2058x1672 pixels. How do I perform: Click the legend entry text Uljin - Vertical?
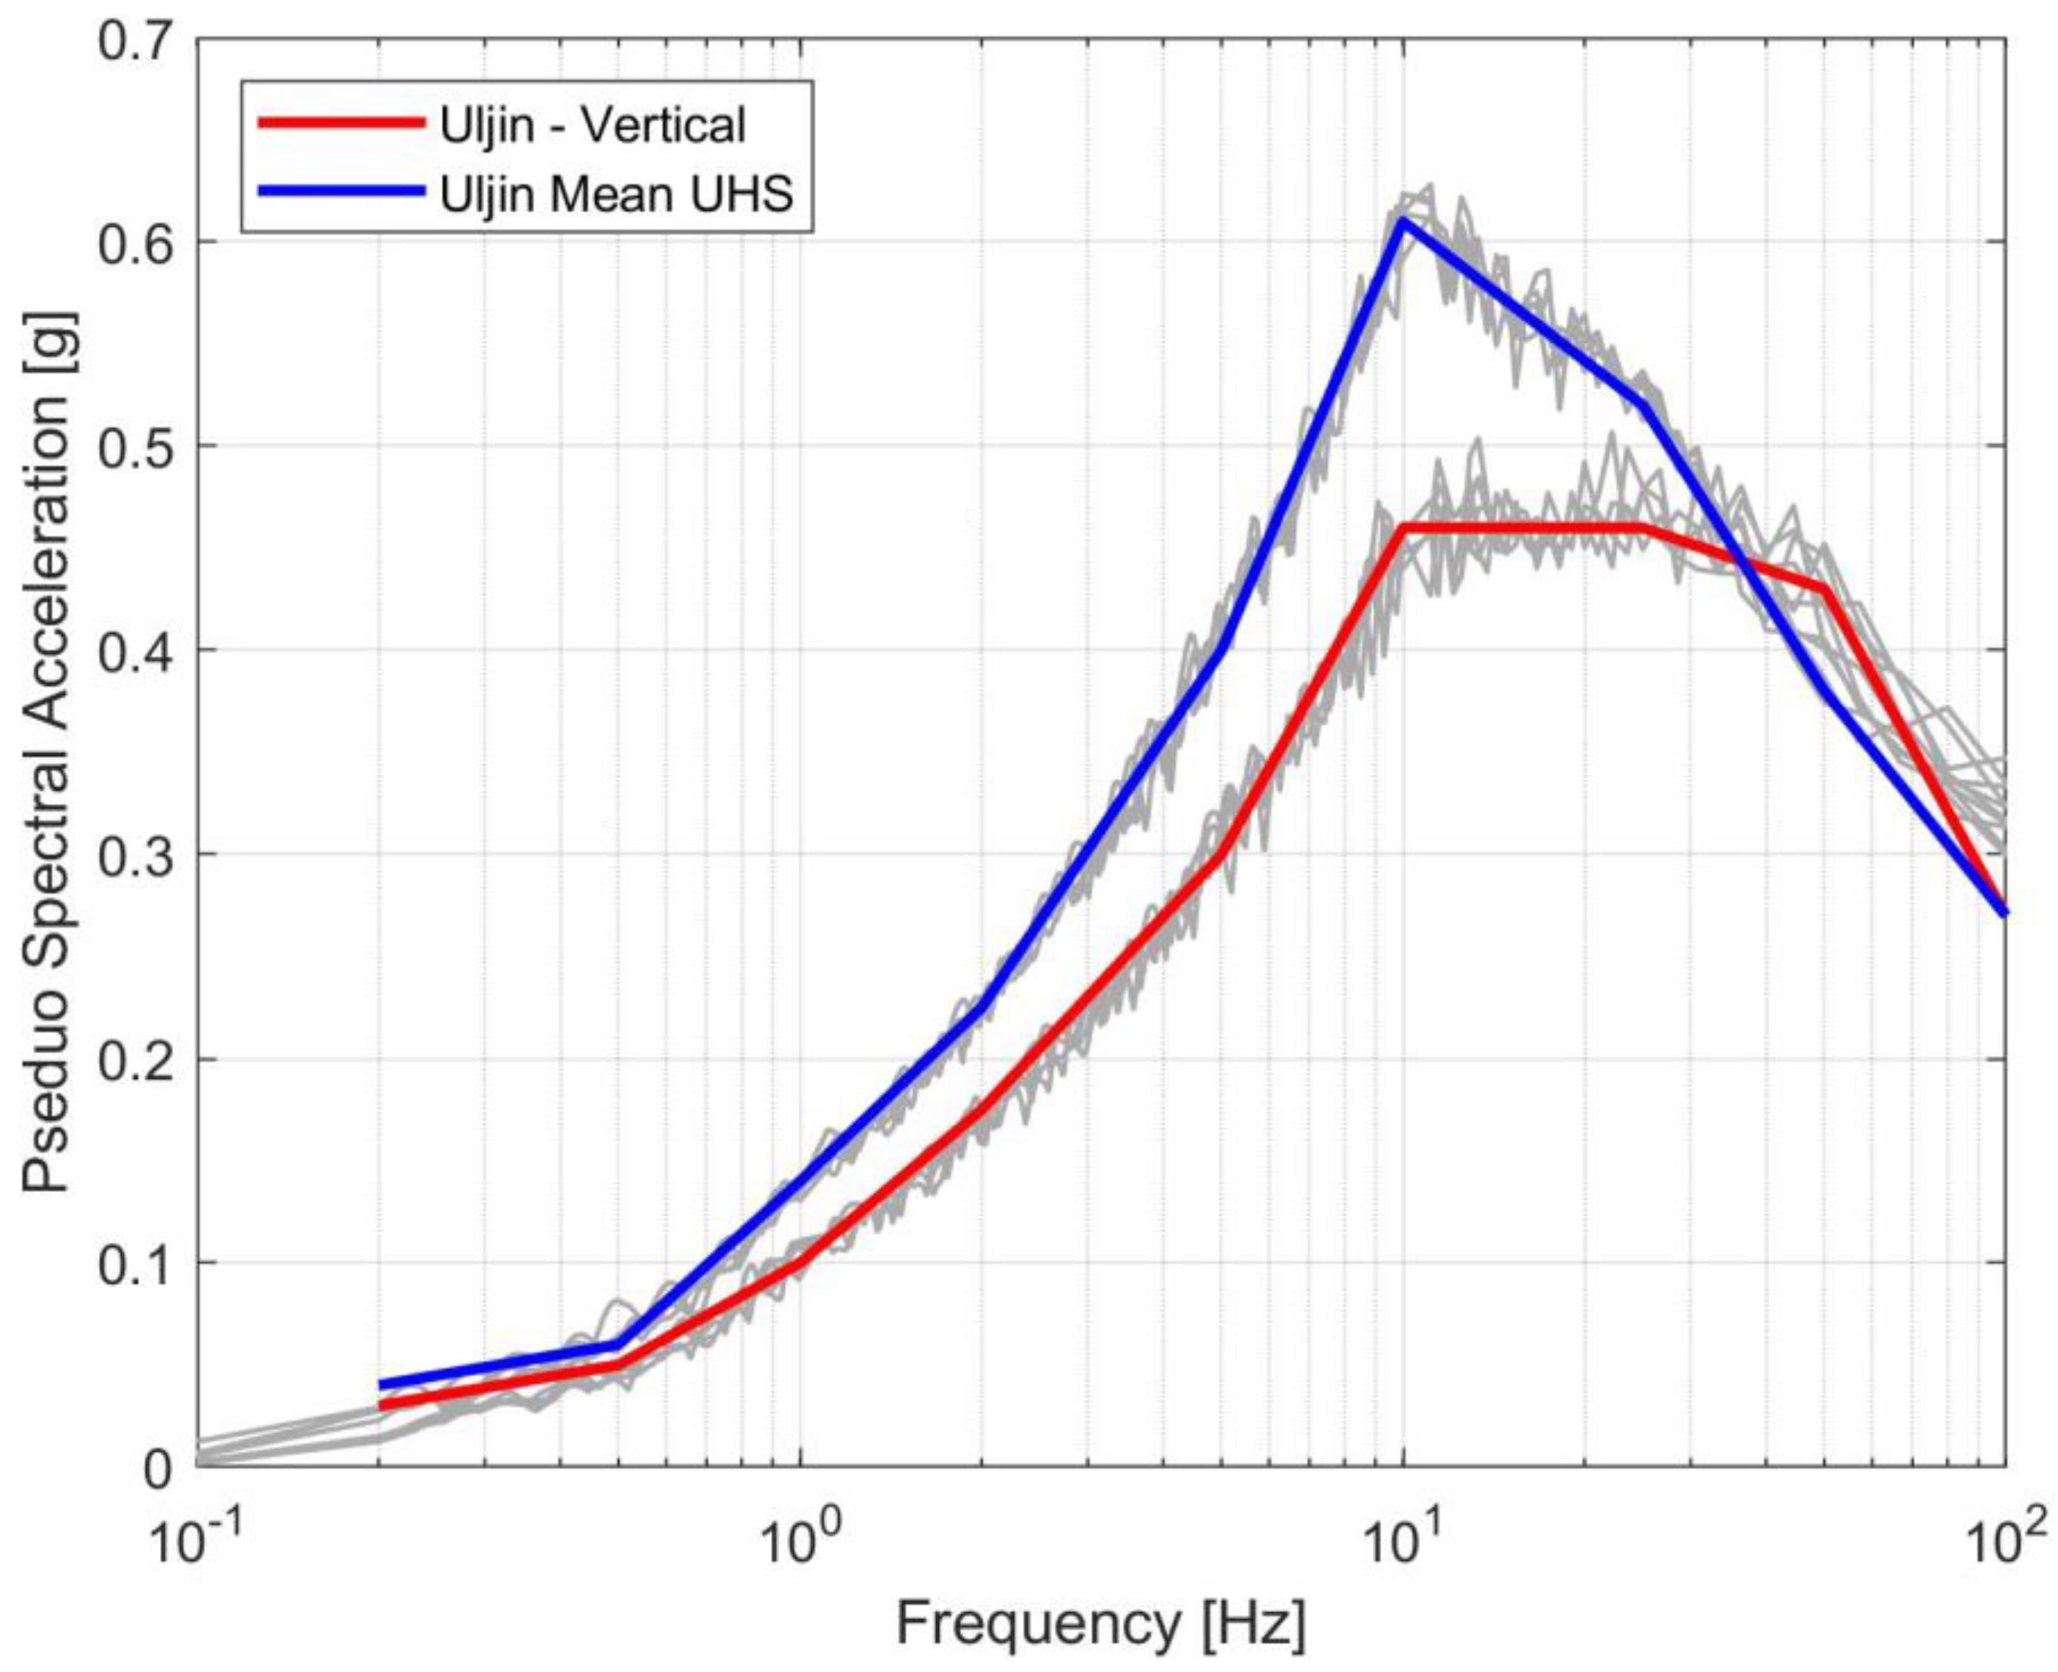pos(592,126)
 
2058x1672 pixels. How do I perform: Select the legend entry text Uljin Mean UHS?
pos(616,194)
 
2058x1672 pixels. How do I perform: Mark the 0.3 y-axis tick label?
pos(141,855)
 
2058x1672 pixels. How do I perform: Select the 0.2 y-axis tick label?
pos(141,1059)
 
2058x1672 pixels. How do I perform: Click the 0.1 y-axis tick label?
pos(141,1263)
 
